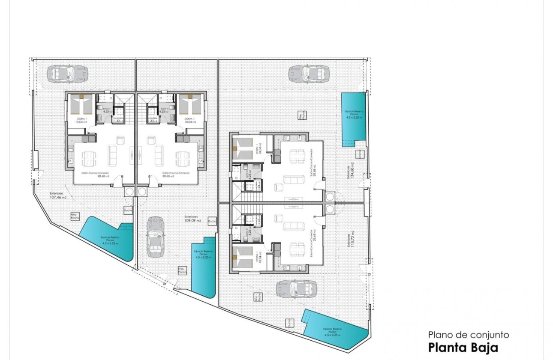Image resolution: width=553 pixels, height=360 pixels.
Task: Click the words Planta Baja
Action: point(463,346)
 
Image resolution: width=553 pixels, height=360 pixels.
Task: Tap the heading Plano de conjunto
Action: point(468,335)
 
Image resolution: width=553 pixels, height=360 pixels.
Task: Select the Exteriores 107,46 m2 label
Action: point(58,196)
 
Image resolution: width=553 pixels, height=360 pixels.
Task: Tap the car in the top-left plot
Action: point(67,73)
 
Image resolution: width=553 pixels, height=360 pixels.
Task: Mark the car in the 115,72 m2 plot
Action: point(296,288)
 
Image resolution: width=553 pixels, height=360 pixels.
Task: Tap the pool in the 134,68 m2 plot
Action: point(354,119)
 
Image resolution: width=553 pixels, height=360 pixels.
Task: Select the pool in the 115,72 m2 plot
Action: point(335,328)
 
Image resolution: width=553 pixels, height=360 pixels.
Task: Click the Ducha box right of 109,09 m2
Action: point(212,221)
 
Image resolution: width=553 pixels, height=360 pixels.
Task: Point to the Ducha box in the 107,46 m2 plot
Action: point(128,210)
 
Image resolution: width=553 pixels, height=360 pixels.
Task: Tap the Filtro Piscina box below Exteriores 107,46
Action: point(75,216)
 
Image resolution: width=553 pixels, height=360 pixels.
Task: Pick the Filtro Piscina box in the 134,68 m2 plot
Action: point(302,116)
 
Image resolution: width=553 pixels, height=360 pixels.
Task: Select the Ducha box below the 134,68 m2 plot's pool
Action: point(361,153)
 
